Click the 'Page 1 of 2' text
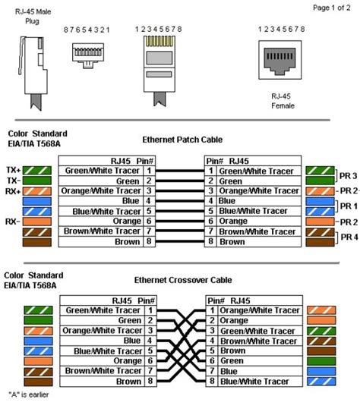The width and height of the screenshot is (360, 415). point(332,8)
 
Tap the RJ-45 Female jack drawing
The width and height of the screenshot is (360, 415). point(280,60)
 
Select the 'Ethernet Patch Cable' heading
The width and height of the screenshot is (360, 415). point(182,140)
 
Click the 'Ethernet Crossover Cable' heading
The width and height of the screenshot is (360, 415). point(183,280)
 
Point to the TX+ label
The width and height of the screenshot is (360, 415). point(13,170)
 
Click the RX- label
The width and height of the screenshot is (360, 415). point(12,222)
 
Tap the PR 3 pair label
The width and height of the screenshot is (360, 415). point(349,176)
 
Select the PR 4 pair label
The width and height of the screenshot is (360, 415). point(349,237)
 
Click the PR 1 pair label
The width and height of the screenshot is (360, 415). point(349,206)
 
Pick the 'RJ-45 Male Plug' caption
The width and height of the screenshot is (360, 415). point(33,17)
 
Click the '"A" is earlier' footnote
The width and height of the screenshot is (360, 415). point(29,395)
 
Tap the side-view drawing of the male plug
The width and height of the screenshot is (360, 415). point(33,74)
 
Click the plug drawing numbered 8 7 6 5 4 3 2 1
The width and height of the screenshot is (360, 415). point(88,55)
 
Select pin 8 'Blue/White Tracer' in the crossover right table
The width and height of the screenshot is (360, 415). point(254,382)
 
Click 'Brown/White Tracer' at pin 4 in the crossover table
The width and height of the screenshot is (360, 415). point(258,341)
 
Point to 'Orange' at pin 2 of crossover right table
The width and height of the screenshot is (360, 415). point(234,320)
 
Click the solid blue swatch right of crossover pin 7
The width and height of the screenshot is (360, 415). point(321,371)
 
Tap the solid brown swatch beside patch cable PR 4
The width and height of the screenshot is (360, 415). point(320,242)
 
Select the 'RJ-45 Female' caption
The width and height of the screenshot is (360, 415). point(283,101)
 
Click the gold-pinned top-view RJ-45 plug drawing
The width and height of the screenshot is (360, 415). point(159,71)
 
